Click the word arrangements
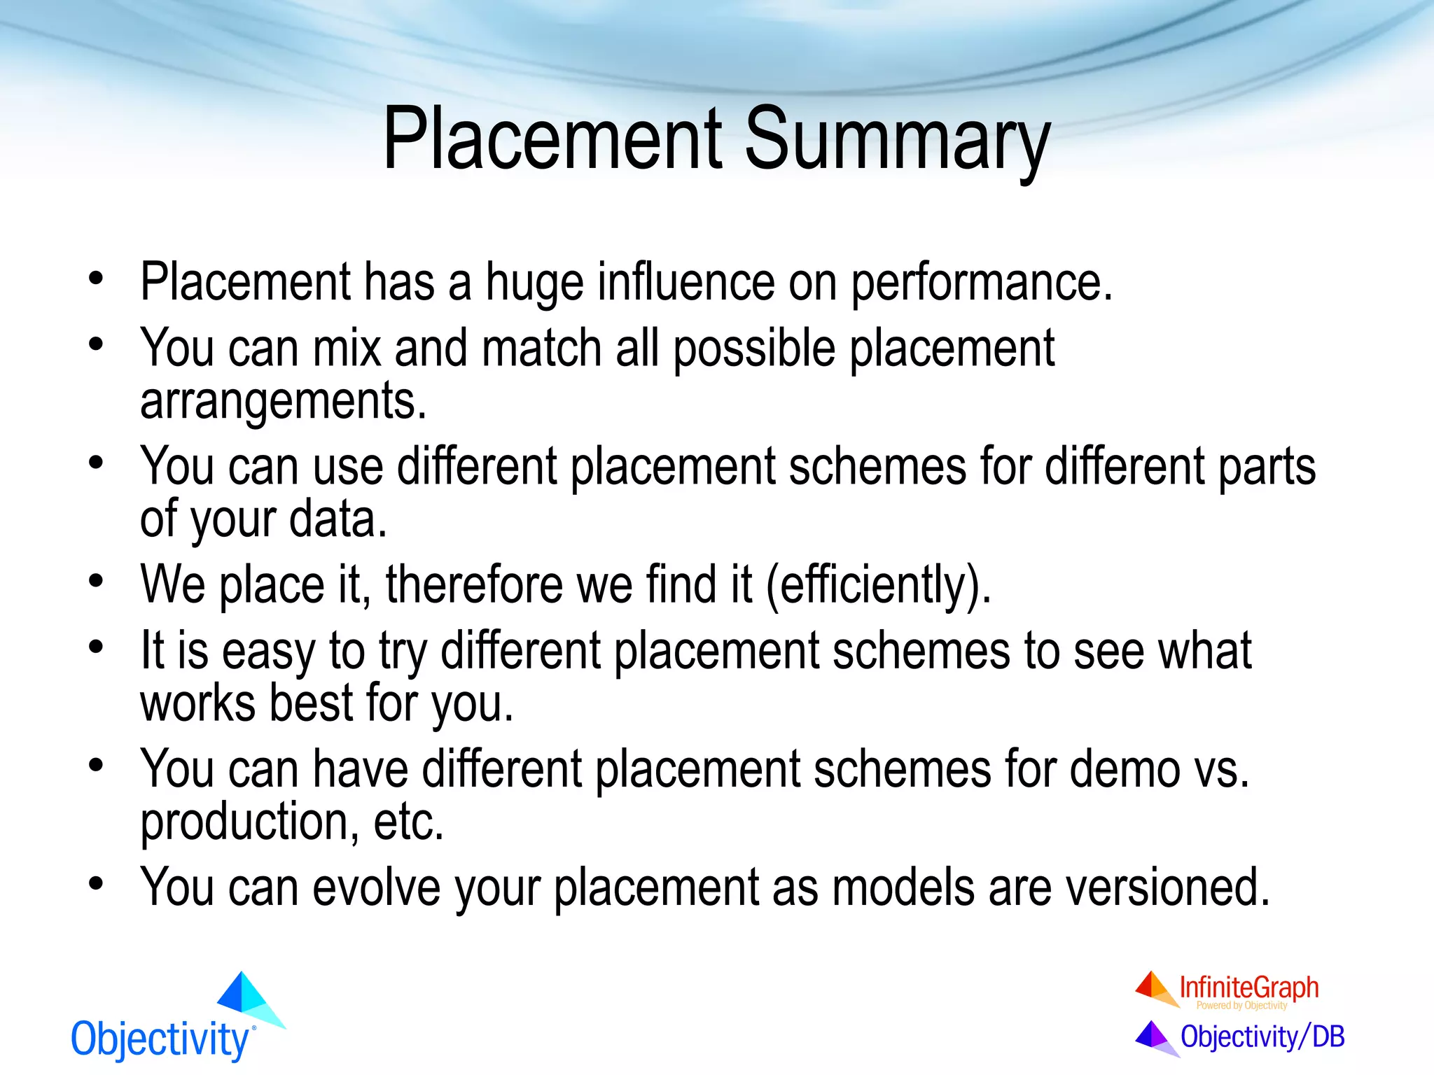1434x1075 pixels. pyautogui.click(x=283, y=401)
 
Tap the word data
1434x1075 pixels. pyautogui.click(x=337, y=519)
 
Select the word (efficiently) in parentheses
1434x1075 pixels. pyautogui.click(x=879, y=585)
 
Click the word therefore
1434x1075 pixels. pyautogui.click(x=474, y=585)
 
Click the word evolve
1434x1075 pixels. pyautogui.click(x=376, y=887)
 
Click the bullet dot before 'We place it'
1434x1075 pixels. pyautogui.click(x=96, y=581)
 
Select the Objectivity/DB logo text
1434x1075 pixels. pyautogui.click(x=1262, y=1037)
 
